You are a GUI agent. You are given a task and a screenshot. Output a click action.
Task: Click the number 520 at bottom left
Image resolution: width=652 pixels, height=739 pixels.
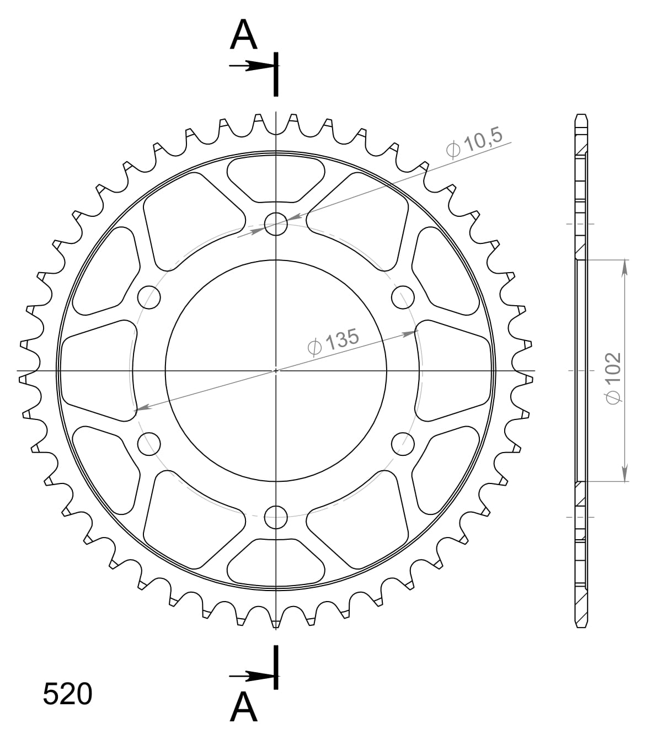(67, 694)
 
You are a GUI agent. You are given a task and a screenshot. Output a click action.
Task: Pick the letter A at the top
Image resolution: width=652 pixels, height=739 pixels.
(244, 35)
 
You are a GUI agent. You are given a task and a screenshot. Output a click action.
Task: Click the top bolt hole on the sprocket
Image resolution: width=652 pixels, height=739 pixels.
(276, 224)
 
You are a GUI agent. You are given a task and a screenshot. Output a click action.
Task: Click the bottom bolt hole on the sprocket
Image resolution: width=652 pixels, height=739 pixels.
(276, 517)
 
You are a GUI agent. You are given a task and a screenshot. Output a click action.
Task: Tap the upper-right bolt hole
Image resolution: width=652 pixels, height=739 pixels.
(403, 297)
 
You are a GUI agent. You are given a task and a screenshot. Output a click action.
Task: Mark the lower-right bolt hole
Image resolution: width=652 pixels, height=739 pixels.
(403, 444)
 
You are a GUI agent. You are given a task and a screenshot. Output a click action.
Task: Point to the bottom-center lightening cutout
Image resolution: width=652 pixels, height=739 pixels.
(276, 562)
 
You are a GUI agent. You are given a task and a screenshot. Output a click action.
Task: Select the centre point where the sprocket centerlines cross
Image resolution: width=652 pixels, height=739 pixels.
(276, 370)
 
